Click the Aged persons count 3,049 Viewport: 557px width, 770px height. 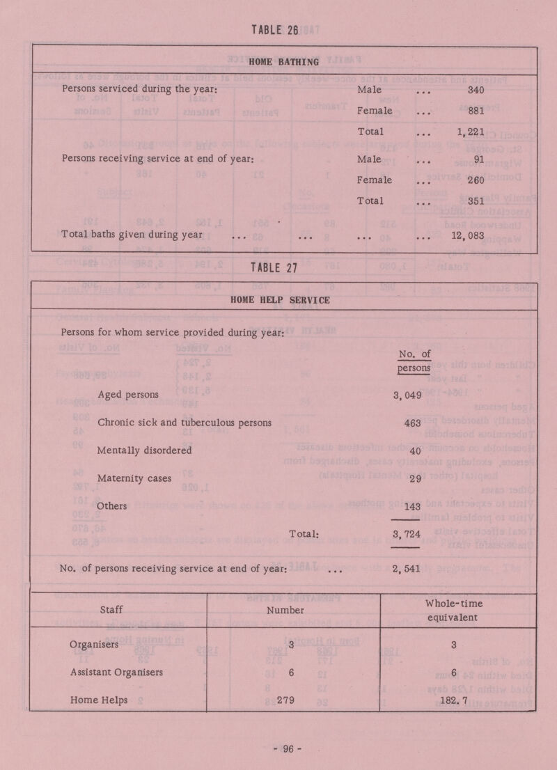click(409, 396)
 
